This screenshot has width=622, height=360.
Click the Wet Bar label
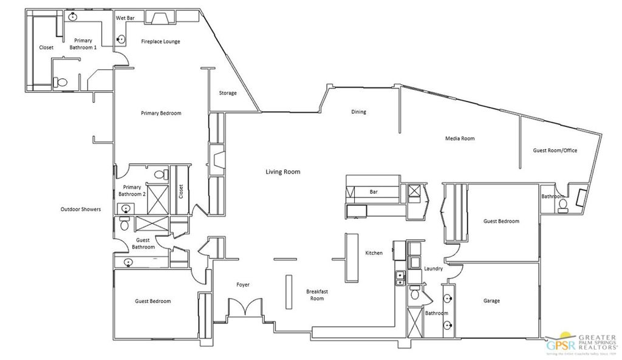pyautogui.click(x=126, y=18)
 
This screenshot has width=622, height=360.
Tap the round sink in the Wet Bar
pyautogui.click(x=121, y=39)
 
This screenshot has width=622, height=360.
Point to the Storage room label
pyautogui.click(x=228, y=93)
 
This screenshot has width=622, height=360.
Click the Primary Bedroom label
pyautogui.click(x=161, y=113)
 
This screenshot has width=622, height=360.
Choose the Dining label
pyautogui.click(x=358, y=112)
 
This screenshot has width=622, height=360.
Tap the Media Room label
pyautogui.click(x=460, y=138)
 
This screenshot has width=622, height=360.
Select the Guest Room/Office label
pyautogui.click(x=555, y=150)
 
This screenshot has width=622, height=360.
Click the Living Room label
pyautogui.click(x=282, y=172)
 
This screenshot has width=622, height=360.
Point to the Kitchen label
pyautogui.click(x=374, y=253)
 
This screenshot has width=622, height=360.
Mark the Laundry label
pyautogui.click(x=432, y=268)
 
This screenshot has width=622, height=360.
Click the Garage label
pyautogui.click(x=491, y=301)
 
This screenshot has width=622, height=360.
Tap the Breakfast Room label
pyautogui.click(x=317, y=295)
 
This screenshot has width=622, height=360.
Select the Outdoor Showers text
pyautogui.click(x=80, y=209)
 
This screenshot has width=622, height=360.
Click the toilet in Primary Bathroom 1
pyautogui.click(x=61, y=81)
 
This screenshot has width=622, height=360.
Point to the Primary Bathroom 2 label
pyautogui.click(x=132, y=191)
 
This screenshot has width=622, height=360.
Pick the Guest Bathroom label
pyautogui.click(x=144, y=243)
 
